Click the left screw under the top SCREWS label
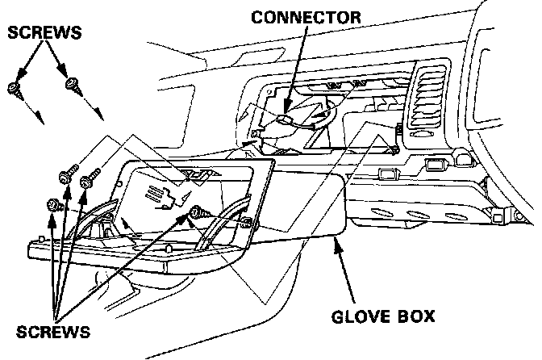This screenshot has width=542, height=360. [15, 88]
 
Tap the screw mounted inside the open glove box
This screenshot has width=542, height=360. [195, 212]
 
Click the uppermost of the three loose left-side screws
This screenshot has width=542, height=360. [67, 174]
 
